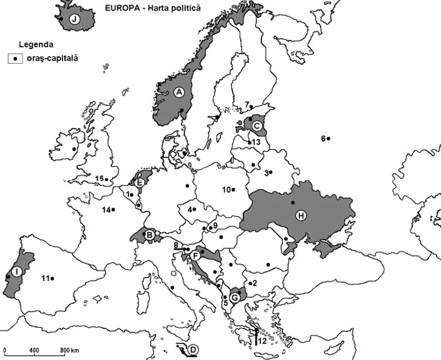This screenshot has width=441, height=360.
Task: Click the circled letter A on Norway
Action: tap(178, 93)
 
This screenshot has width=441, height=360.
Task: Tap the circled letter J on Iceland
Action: tap(76, 19)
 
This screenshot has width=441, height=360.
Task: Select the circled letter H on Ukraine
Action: tap(301, 216)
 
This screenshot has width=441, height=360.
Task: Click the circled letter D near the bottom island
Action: tap(193, 350)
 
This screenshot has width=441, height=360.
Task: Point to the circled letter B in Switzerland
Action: tap(151, 236)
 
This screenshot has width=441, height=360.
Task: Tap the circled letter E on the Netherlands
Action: tap(140, 183)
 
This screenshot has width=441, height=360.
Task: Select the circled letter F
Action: tap(196, 255)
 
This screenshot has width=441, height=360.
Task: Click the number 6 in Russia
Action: tap(323, 139)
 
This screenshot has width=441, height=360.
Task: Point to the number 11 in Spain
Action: tap(45, 278)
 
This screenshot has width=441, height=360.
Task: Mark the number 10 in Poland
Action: tap(227, 189)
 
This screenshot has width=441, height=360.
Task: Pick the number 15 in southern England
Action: tap(99, 179)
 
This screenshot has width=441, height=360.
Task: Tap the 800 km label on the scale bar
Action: tap(69, 350)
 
